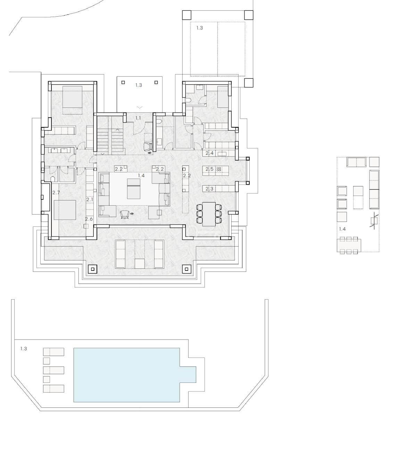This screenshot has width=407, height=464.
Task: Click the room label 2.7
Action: (56, 192)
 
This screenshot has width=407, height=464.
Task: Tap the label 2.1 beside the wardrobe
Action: (90, 199)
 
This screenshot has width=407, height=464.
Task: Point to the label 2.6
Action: (89, 219)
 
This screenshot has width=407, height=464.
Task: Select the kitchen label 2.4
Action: (209, 153)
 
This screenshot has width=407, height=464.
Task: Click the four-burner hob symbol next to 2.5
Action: (219, 169)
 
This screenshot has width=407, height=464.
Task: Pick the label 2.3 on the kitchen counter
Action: (209, 188)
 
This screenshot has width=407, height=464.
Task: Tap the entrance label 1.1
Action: (138, 118)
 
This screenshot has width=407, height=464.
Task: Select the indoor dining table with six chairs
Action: (209, 214)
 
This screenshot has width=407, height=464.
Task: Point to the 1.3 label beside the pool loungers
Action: (24, 349)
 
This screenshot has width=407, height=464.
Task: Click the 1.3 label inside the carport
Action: (199, 28)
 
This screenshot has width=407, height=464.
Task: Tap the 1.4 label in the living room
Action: (141, 175)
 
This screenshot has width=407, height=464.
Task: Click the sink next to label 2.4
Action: (222, 154)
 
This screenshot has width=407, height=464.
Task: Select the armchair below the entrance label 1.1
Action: (148, 146)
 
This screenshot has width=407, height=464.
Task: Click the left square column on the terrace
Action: (92, 269)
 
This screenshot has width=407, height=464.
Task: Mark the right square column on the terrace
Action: (187, 269)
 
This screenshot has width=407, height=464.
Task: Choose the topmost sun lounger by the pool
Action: (53, 352)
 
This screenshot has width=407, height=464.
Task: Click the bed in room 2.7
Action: (65, 210)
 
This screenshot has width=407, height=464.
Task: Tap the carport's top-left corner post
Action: (187, 15)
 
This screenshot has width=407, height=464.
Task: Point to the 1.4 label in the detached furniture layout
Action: (342, 229)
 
